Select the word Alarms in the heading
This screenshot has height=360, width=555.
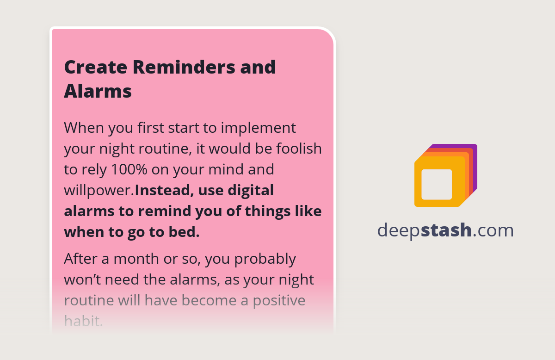[98, 91]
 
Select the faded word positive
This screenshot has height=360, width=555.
[279, 301]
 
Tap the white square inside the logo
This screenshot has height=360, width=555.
[437, 185]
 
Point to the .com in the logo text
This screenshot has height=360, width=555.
[493, 230]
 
